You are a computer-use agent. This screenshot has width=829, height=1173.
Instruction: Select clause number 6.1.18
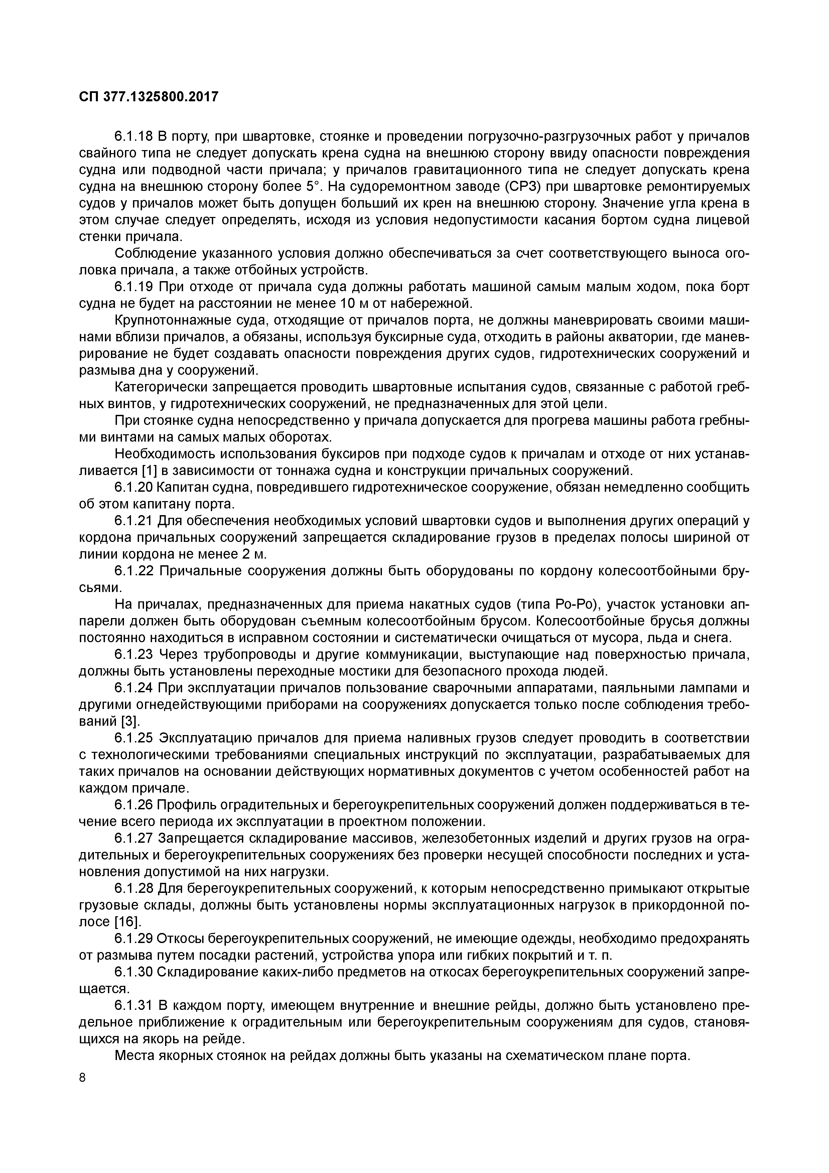click(134, 136)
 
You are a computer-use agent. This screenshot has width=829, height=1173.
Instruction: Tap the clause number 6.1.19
click(134, 287)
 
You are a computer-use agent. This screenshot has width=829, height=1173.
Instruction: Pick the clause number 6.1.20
click(134, 487)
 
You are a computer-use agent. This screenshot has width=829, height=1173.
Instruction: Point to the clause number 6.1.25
click(134, 738)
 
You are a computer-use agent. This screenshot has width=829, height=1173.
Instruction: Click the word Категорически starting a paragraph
click(163, 387)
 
